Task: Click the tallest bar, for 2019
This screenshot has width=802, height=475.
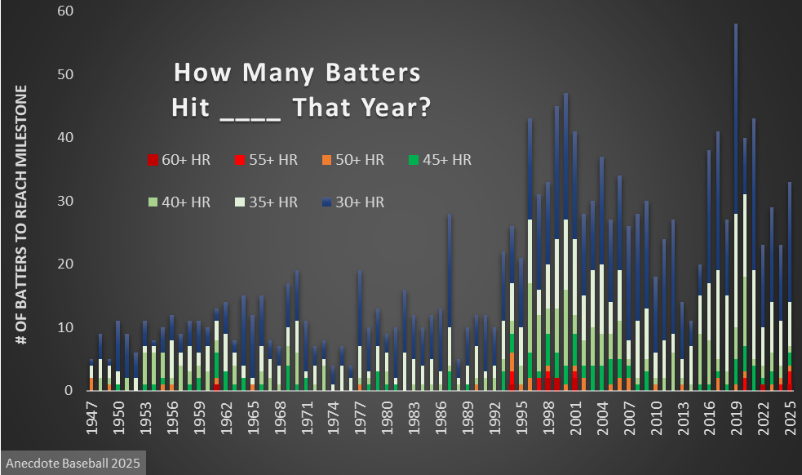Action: [x=736, y=204]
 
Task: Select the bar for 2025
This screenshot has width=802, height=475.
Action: [x=790, y=286]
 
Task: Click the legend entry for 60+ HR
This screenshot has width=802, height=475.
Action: [x=179, y=160]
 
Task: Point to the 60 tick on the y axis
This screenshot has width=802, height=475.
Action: [x=64, y=11]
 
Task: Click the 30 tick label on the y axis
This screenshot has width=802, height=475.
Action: [x=64, y=201]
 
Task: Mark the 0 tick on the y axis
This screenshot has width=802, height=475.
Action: [x=69, y=390]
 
